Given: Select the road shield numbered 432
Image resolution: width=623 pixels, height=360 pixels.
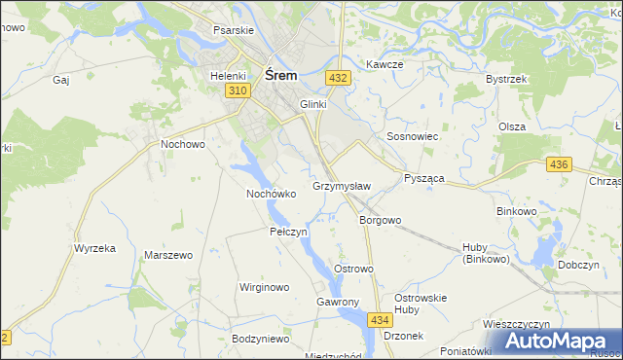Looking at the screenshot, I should (x=338, y=77).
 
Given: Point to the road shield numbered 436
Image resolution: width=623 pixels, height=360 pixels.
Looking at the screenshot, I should (x=558, y=164).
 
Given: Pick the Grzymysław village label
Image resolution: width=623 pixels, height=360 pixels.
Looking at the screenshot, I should (x=342, y=185).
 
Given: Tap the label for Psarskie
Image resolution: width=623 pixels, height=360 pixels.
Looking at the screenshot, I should (x=234, y=30).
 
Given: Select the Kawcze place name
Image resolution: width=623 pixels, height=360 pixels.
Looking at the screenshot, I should (x=385, y=64).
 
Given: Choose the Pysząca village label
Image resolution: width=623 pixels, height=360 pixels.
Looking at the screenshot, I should (x=423, y=179).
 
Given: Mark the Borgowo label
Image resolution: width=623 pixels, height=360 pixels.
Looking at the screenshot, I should (x=380, y=220).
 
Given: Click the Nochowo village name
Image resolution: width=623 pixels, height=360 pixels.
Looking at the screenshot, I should (x=182, y=144).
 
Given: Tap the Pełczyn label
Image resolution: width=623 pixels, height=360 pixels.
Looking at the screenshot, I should (x=288, y=233).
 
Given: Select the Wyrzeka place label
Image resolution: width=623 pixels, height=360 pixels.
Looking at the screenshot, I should (x=94, y=248).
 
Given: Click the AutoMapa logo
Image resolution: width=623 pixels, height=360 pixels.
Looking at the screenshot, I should (x=560, y=342).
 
